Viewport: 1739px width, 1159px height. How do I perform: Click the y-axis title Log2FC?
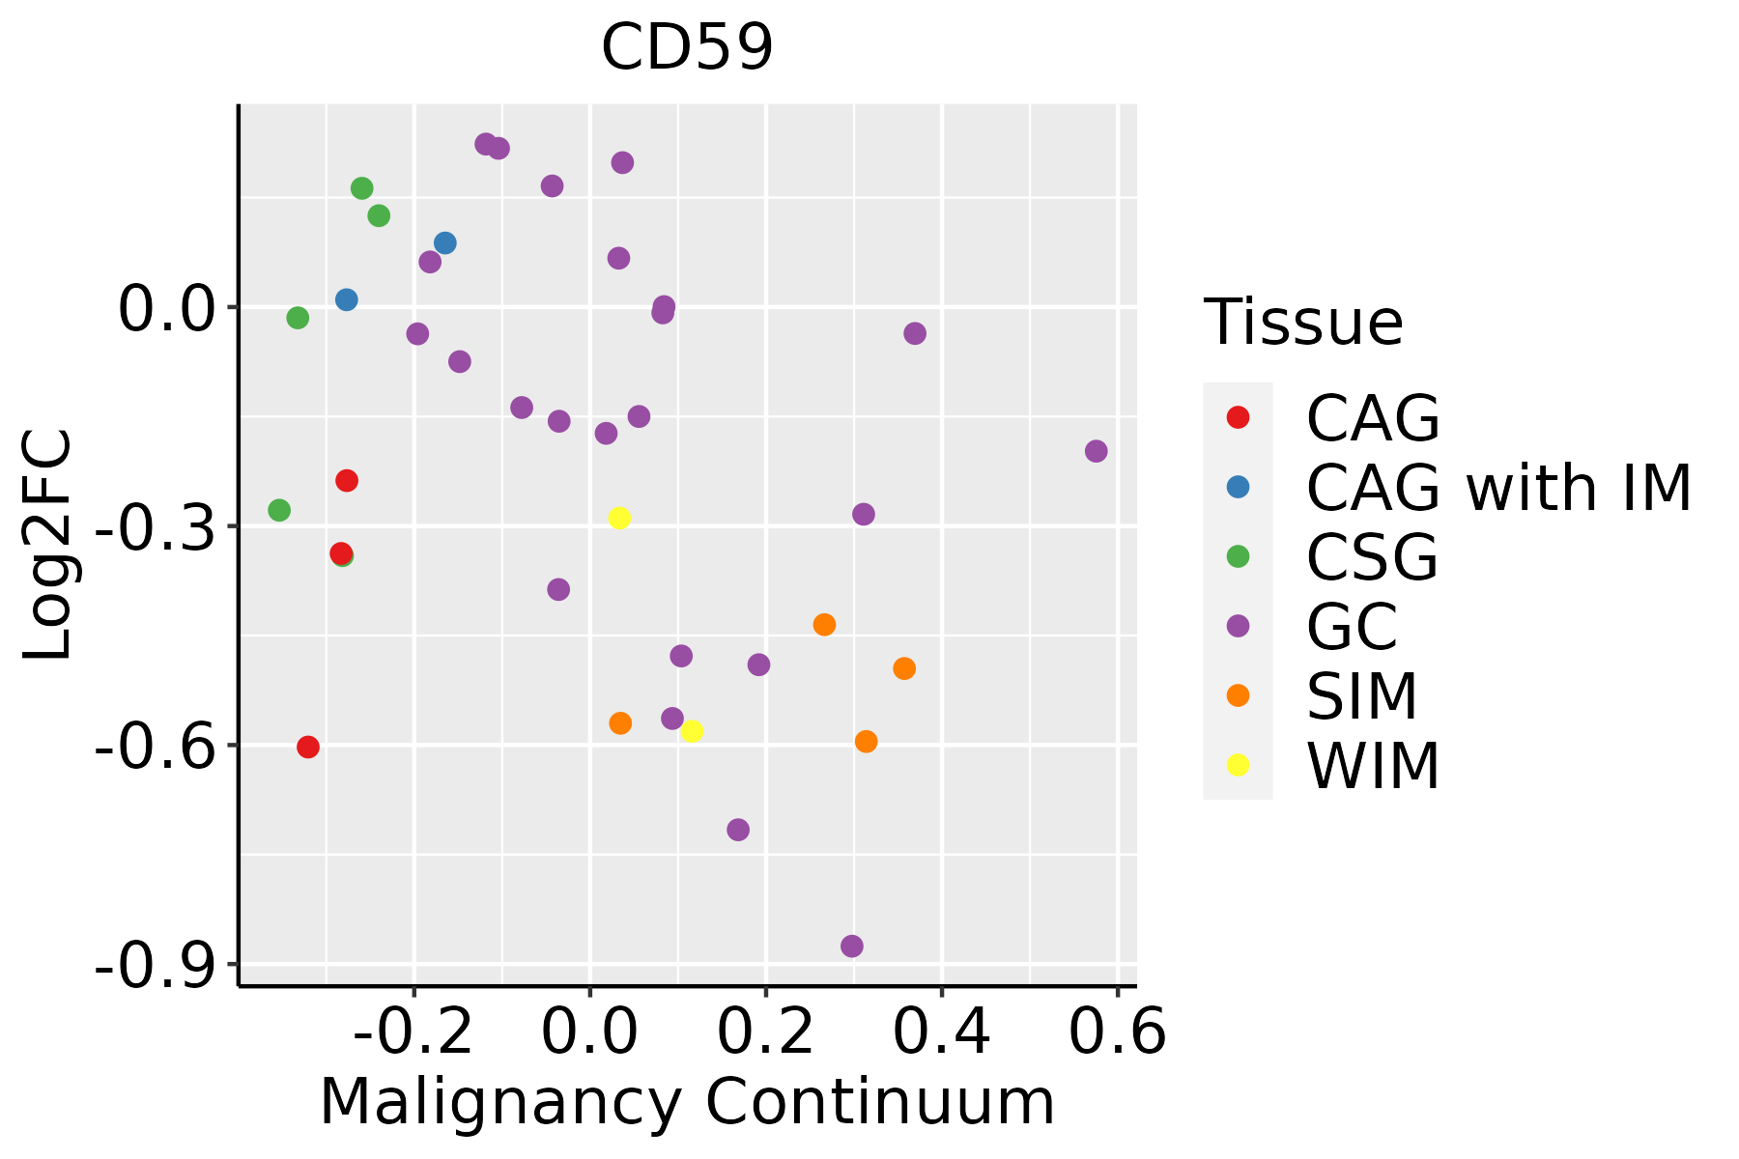(x=48, y=546)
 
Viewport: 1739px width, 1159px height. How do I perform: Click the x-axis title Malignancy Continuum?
(x=687, y=1102)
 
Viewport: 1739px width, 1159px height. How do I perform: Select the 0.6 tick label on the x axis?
(x=1118, y=1032)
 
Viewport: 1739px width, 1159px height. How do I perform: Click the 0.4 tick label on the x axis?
(x=942, y=1032)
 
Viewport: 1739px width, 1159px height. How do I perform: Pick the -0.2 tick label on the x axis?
(x=413, y=1032)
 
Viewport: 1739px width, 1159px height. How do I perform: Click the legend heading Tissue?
(x=1303, y=323)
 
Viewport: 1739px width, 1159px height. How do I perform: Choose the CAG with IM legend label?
(x=1498, y=487)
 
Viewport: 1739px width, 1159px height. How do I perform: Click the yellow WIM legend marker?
(x=1238, y=765)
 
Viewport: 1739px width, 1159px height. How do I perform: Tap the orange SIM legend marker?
(x=1238, y=695)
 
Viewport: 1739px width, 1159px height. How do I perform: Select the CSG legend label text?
(x=1372, y=556)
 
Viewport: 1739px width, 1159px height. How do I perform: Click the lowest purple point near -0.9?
(x=851, y=947)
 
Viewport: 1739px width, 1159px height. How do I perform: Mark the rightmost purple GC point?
(x=1096, y=451)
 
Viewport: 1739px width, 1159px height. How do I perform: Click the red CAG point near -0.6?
(x=308, y=747)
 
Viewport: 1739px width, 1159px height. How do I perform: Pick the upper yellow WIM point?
(x=619, y=518)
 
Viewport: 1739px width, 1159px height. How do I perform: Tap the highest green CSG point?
(x=362, y=188)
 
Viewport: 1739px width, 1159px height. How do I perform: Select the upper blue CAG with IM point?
(x=445, y=243)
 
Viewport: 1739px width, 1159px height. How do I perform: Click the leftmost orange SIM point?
(x=620, y=723)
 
